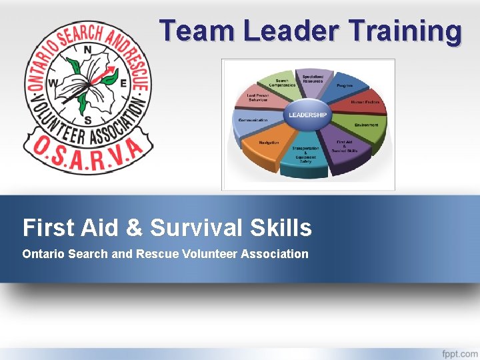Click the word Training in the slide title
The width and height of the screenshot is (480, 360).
(405, 31)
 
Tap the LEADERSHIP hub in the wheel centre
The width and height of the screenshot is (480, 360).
(307, 115)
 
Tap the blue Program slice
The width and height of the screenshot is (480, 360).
(343, 86)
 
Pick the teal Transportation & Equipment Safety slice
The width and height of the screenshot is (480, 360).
(305, 156)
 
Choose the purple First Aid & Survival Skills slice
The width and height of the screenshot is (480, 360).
(346, 147)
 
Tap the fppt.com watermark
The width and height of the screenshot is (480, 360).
(459, 353)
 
